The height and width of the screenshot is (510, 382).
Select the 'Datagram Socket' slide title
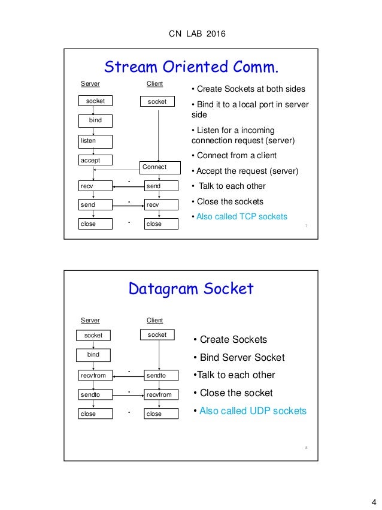coord(191,289)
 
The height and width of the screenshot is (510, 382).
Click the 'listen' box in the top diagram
coord(96,140)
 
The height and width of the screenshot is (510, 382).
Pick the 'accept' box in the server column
coord(96,160)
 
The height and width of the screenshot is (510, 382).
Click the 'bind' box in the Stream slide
coord(96,120)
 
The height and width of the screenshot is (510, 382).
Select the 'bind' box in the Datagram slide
coord(94,355)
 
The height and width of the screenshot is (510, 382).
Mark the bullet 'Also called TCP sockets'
coord(239,216)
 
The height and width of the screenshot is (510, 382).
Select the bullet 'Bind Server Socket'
coord(238,358)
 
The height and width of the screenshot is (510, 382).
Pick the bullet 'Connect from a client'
coord(234,156)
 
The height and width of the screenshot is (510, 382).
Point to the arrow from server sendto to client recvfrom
coord(128,395)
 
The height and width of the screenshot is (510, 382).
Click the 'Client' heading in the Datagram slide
coord(154,321)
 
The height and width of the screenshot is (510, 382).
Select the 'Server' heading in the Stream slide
coord(90,84)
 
